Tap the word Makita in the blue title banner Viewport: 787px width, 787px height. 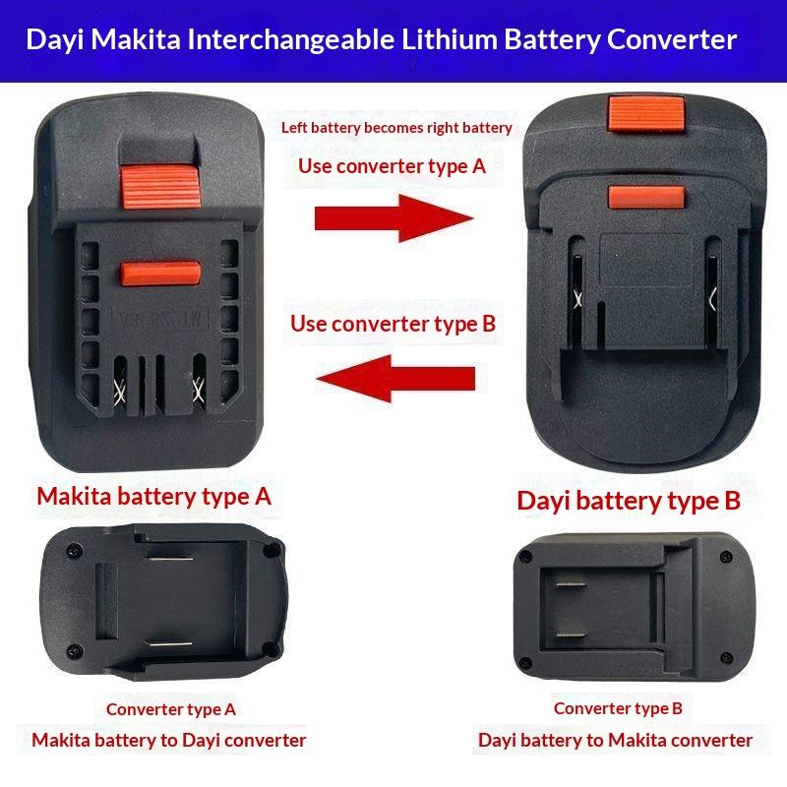click(136, 39)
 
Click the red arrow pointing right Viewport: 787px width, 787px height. click(394, 218)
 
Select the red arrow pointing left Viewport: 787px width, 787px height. click(395, 378)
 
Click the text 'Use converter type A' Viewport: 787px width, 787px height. click(392, 166)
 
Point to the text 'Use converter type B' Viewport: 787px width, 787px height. click(393, 324)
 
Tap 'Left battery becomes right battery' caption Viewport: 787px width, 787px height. click(396, 128)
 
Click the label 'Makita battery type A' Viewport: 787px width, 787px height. click(154, 497)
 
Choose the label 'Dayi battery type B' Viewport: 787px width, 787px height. click(629, 501)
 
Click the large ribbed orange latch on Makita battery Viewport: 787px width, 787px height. click(160, 186)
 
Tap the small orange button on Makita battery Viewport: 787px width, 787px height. click(160, 273)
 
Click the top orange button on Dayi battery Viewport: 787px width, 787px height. click(646, 113)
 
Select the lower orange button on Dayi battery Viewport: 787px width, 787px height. click(646, 197)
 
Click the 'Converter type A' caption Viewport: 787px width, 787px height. click(170, 709)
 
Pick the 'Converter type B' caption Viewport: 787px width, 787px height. click(618, 708)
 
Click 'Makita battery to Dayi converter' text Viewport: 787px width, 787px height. click(168, 741)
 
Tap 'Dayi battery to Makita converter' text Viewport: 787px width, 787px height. click(616, 741)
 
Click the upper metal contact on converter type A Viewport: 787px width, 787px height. click(169, 558)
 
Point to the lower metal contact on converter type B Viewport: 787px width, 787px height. click(572, 635)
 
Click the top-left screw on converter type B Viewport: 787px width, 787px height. click(526, 556)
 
